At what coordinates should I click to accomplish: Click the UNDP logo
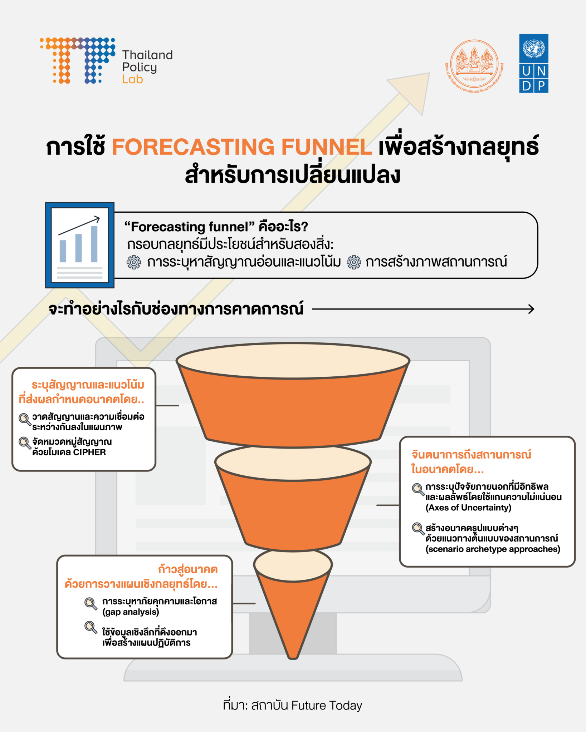533,63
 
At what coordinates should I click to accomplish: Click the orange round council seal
474,65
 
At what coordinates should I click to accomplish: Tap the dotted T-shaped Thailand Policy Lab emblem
77,60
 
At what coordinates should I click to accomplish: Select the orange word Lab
132,79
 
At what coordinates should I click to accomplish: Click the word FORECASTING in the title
193,147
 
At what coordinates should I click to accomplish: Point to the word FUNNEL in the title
326,147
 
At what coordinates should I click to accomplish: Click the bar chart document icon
79,245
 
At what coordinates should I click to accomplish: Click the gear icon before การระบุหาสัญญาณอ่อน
134,262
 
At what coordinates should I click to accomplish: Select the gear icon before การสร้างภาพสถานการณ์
354,262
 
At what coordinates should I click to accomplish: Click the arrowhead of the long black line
531,309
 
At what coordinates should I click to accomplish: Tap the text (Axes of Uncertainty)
468,508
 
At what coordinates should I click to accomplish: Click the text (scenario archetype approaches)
493,549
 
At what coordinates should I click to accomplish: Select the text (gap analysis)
131,612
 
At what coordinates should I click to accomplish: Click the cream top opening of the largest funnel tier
293,360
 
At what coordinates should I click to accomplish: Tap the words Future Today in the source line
327,706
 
